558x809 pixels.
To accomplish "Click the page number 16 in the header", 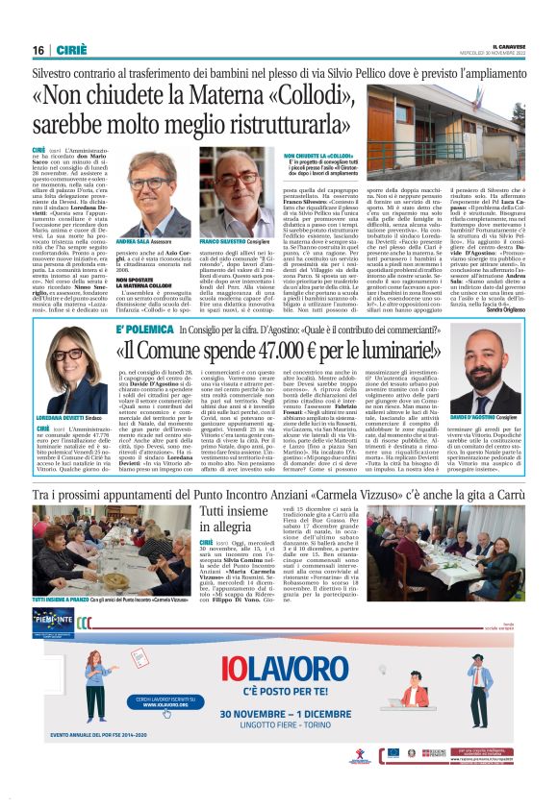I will pyautogui.click(x=38, y=50).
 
